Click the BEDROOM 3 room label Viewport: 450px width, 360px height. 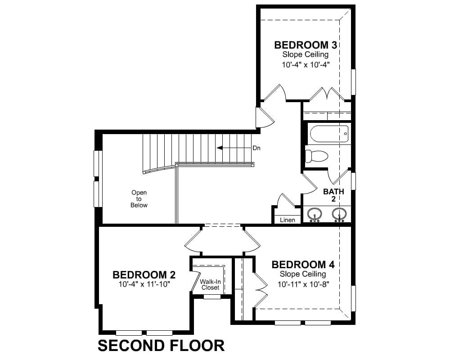click(x=306, y=45)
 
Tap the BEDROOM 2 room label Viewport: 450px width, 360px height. click(x=144, y=275)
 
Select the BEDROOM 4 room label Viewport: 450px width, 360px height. click(x=303, y=265)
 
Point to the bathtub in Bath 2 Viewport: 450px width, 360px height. click(x=329, y=134)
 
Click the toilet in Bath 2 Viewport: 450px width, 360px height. click(x=316, y=156)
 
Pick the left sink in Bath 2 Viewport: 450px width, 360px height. click(x=315, y=215)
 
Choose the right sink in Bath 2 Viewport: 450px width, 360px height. click(x=339, y=215)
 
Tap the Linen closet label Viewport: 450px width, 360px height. click(x=287, y=220)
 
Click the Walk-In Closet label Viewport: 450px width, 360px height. click(x=210, y=284)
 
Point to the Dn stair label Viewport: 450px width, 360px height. click(x=256, y=148)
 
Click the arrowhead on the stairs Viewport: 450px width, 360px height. click(x=220, y=148)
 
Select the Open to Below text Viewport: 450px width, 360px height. click(x=139, y=198)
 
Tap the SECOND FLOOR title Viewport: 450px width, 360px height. click(x=161, y=345)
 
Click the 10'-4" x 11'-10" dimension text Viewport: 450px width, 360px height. click(x=144, y=284)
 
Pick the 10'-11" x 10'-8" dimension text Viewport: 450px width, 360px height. click(x=303, y=284)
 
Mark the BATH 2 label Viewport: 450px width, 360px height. click(x=333, y=195)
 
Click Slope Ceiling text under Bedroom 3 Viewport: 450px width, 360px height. click(x=306, y=54)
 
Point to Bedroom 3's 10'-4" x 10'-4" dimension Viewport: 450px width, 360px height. click(x=306, y=65)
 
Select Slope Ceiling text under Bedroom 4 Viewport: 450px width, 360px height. click(x=303, y=274)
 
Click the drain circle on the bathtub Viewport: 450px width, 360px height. click(x=346, y=134)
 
